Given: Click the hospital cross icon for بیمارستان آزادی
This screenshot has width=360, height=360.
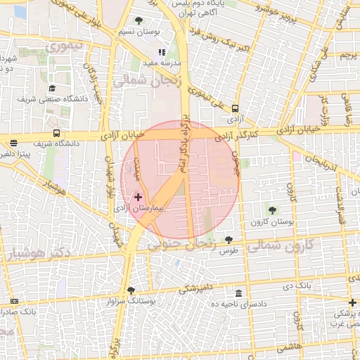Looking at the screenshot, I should pyautogui.click(x=138, y=198).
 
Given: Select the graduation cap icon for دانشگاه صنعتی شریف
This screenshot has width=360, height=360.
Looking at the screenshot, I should pyautogui.click(x=52, y=89).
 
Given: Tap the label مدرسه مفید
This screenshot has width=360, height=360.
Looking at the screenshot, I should pyautogui.click(x=164, y=63).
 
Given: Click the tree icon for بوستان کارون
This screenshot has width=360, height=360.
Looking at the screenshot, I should pyautogui.click(x=271, y=210).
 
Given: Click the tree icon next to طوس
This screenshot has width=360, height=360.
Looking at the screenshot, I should pyautogui.click(x=229, y=240).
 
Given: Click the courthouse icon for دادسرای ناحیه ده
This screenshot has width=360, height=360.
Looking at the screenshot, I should pyautogui.click(x=239, y=293).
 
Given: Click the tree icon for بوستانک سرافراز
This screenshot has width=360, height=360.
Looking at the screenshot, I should pyautogui.click(x=131, y=290).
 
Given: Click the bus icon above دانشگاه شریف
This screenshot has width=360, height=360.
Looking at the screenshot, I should pyautogui.click(x=56, y=133).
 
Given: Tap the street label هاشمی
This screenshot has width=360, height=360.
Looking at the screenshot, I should pyautogui.click(x=289, y=346).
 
